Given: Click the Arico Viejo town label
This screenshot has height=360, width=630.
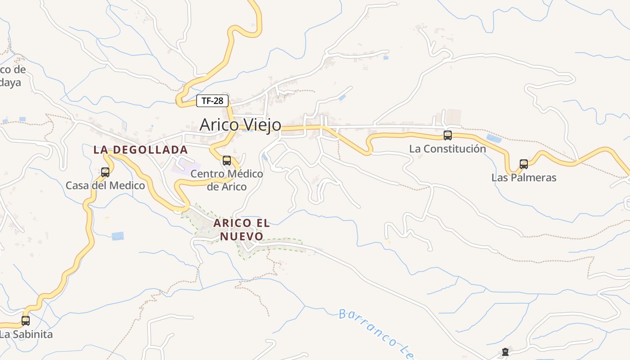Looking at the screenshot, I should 240,125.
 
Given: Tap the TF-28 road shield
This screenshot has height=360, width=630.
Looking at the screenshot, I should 212,101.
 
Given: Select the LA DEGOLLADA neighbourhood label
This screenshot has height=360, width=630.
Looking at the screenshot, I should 140,150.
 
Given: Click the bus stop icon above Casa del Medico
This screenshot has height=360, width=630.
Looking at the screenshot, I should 105,172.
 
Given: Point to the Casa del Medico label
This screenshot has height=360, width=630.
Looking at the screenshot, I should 105,185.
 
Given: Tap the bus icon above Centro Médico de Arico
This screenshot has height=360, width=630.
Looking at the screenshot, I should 227,161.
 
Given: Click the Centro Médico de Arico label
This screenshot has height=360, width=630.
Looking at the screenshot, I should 227,180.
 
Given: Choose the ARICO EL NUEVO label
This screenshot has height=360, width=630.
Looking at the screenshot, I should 242,229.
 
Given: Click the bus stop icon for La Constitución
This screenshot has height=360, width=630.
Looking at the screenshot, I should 447,135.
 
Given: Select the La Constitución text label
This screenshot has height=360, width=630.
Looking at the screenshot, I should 447,148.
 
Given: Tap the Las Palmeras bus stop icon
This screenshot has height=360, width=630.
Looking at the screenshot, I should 524,164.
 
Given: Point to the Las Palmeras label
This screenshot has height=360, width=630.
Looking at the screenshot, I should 524,177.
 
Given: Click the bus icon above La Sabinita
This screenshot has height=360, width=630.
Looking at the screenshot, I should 26,321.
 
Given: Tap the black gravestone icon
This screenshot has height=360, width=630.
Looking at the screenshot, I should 505,352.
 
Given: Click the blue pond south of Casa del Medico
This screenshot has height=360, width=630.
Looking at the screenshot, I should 117,236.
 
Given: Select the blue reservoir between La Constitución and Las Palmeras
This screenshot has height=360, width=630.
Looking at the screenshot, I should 494,138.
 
